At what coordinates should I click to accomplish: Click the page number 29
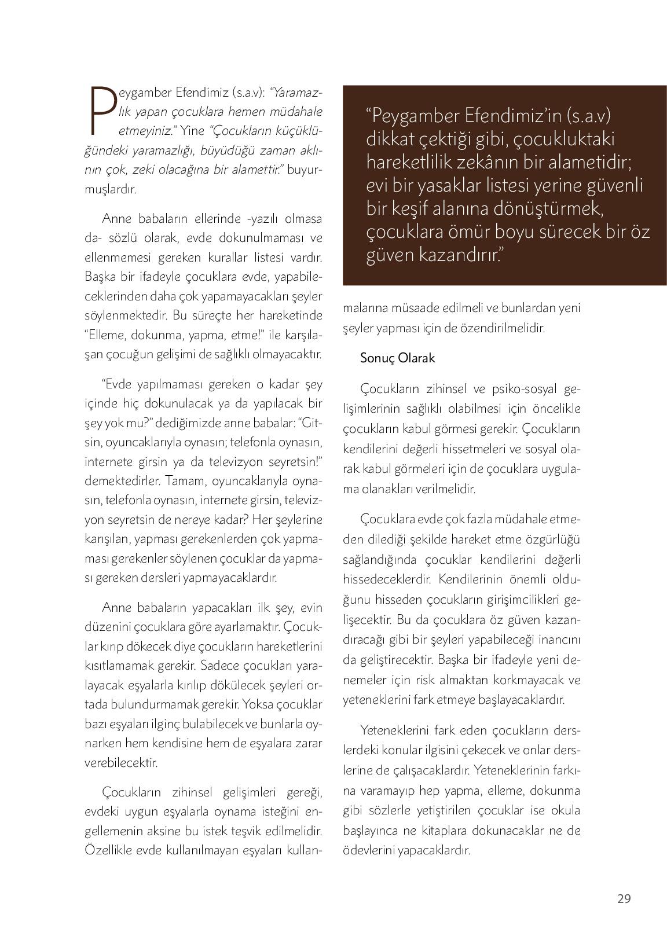click(624, 898)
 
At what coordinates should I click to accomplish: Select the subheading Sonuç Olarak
click(397, 358)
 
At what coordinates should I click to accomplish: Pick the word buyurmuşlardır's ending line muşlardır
click(110, 189)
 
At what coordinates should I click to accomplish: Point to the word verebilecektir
click(121, 762)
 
